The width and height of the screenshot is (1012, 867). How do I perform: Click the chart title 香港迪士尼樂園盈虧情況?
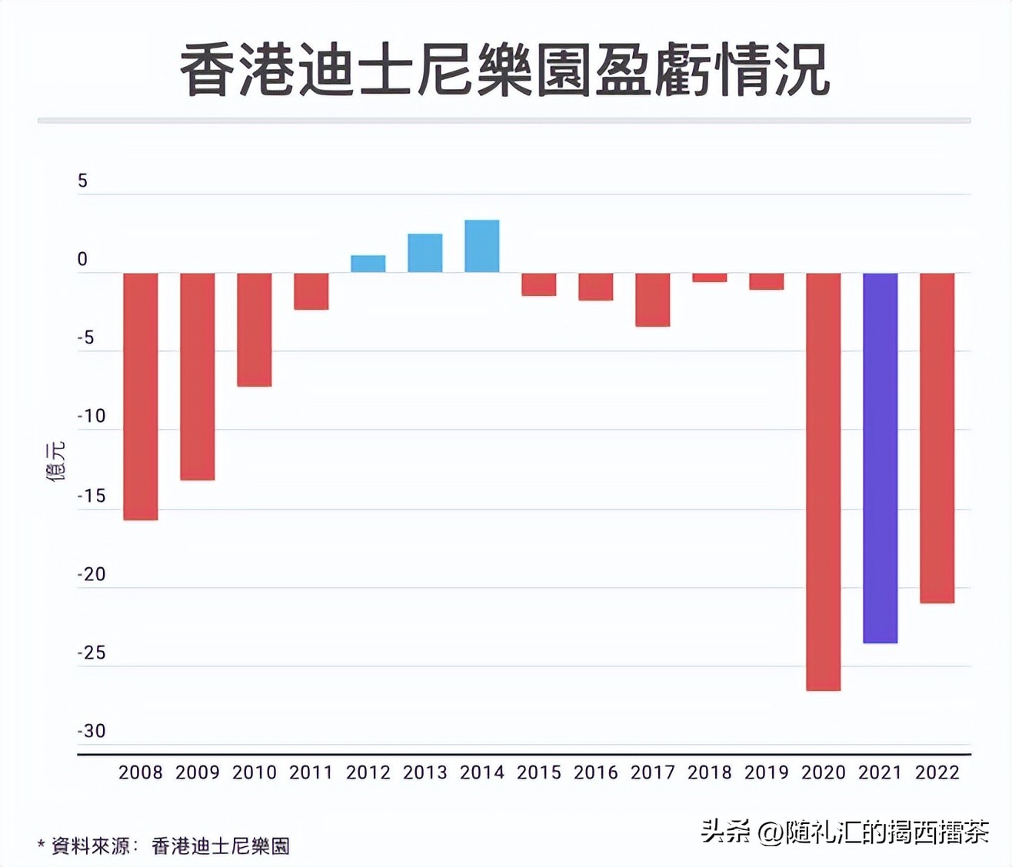[505, 70]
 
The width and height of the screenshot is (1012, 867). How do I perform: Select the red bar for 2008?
[141, 396]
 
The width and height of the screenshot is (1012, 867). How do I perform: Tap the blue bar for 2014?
[482, 246]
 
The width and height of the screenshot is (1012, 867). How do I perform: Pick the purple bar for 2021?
[880, 457]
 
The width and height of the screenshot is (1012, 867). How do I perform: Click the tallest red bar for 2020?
[823, 481]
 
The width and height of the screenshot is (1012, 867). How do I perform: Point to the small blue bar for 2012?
[368, 264]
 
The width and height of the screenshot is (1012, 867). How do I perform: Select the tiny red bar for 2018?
[709, 277]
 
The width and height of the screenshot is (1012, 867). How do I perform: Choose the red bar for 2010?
[255, 329]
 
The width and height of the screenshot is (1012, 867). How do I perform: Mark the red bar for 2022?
[937, 437]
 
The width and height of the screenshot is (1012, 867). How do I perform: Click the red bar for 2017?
[652, 300]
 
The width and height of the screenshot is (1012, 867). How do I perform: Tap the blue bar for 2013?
[425, 253]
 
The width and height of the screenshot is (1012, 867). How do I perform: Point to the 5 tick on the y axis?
[83, 181]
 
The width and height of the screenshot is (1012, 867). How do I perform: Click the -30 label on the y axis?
[92, 731]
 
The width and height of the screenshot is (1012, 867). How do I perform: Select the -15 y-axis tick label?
[92, 496]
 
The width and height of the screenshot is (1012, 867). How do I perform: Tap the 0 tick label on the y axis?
[83, 260]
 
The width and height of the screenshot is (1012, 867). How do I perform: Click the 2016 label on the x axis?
[595, 772]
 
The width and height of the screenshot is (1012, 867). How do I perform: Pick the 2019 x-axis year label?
[766, 772]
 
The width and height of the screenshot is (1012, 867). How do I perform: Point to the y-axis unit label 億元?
[57, 461]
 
